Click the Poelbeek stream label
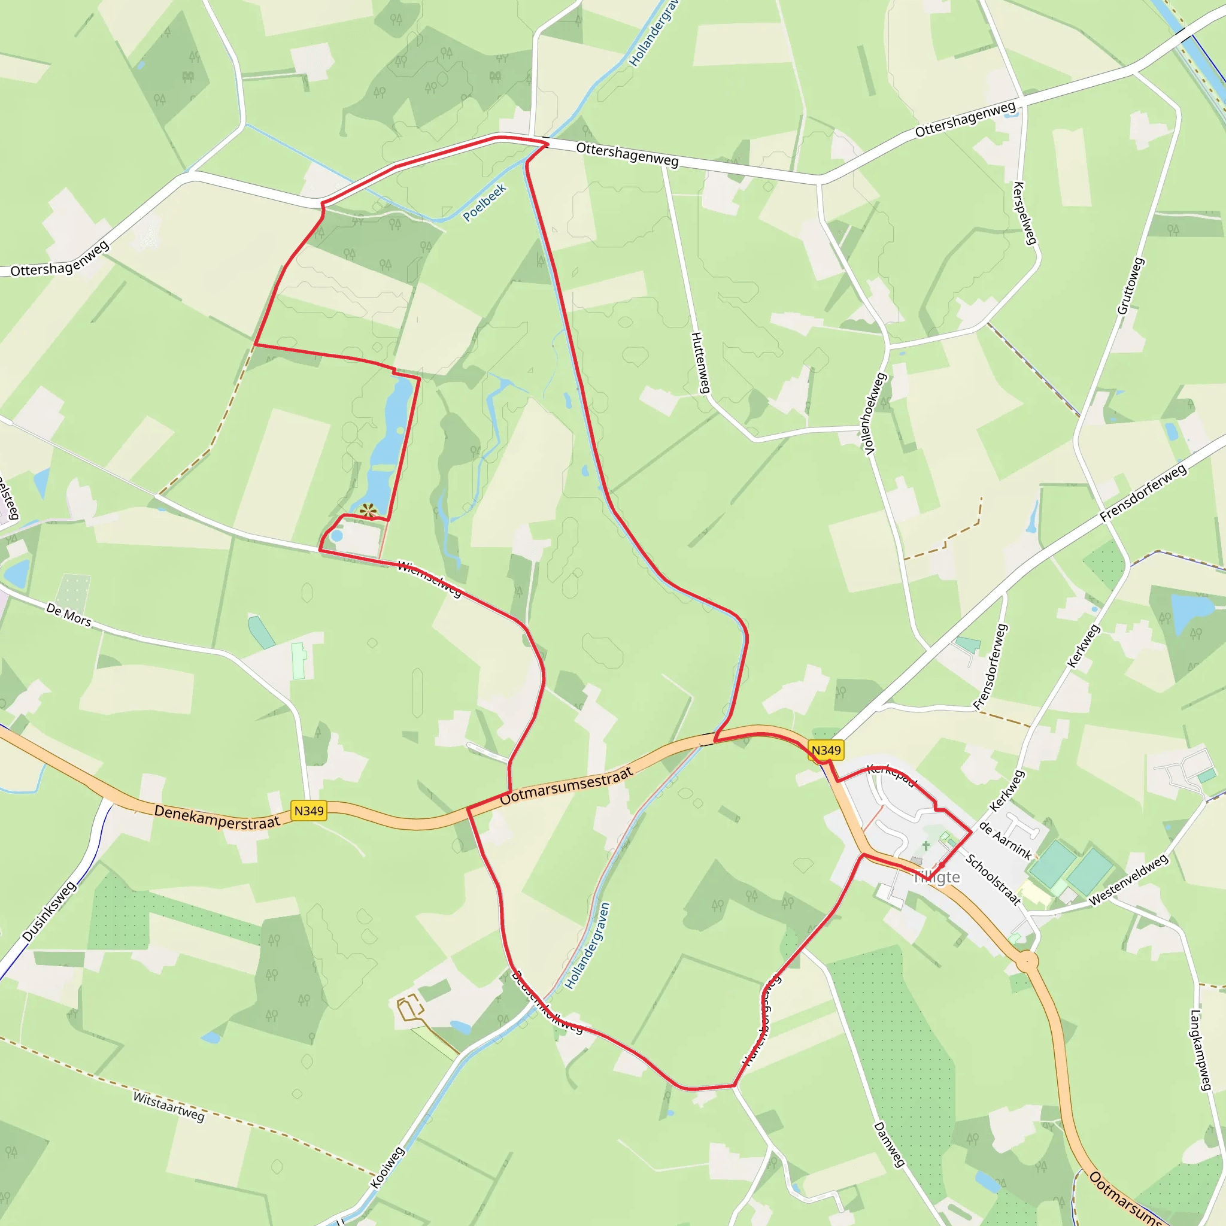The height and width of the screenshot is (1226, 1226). click(484, 202)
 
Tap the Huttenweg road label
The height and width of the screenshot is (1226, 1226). click(700, 362)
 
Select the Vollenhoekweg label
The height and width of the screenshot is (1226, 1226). click(876, 413)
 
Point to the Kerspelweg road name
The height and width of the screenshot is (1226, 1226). click(1025, 213)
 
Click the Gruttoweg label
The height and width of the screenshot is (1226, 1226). click(1131, 286)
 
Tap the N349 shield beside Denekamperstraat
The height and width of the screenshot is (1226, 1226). click(309, 811)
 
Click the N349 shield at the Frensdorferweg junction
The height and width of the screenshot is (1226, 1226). click(826, 750)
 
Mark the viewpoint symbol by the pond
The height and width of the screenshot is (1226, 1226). click(368, 511)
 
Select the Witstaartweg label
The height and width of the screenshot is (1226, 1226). click(169, 1106)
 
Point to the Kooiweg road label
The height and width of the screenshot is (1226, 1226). click(387, 1167)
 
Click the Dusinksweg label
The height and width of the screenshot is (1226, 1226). click(49, 911)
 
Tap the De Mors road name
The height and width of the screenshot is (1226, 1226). click(68, 615)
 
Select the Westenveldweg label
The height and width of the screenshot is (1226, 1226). click(1128, 880)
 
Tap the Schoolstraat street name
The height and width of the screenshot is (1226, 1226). click(993, 879)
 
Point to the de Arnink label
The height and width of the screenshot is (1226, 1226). click(1005, 840)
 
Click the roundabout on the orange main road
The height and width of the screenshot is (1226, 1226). click(1027, 962)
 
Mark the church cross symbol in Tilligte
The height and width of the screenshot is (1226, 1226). click(926, 845)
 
